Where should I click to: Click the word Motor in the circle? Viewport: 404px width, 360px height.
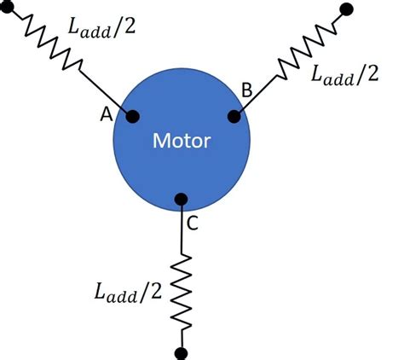(181, 139)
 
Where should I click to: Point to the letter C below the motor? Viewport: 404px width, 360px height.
(193, 224)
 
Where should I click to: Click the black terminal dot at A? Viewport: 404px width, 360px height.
(132, 117)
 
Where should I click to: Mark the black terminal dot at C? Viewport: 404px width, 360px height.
(181, 200)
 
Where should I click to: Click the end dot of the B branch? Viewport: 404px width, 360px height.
(345, 10)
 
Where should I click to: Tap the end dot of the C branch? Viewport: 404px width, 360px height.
(181, 351)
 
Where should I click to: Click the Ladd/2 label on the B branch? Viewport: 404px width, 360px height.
(344, 74)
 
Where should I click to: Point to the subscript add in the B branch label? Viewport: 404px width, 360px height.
(338, 78)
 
